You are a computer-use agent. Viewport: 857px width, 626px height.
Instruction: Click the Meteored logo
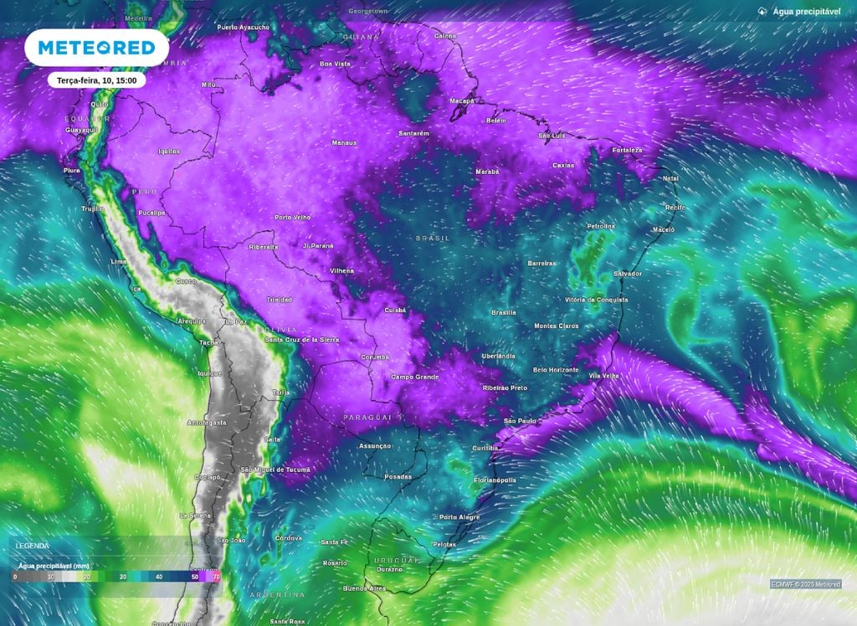coord(96,48)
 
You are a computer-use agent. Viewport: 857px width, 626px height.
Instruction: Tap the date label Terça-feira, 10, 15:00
coord(96,80)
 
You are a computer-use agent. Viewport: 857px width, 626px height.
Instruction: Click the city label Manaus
coord(344,143)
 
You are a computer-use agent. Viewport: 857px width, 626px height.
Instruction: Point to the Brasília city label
coord(504,312)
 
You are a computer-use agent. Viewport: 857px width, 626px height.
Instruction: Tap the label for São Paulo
coord(520,420)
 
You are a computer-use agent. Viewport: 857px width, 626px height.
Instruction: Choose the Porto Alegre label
coord(459,517)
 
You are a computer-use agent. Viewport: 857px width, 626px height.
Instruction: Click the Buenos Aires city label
coord(365,588)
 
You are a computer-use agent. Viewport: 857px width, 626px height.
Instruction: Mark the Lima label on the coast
coord(118,262)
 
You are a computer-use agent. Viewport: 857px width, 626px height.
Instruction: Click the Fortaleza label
coord(626,151)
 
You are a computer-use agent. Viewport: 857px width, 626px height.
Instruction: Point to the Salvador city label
coord(628,274)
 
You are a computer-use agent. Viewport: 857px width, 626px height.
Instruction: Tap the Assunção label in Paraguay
coord(375,446)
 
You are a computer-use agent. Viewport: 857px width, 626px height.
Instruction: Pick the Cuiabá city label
coord(394,310)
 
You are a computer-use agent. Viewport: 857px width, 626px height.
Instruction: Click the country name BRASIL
coord(433,239)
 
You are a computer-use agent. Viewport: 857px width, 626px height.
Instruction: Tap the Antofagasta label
coord(207,423)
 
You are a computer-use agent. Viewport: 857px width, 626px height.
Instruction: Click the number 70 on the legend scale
coord(217,577)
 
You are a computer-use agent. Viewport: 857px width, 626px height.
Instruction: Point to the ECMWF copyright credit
coord(806,584)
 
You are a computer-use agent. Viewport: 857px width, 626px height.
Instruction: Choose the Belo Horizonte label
coord(556,369)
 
